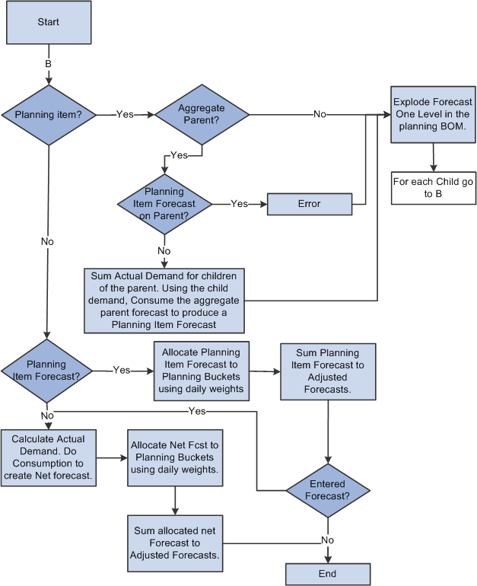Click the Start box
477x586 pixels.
pyautogui.click(x=48, y=23)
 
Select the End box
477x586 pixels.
pyautogui.click(x=327, y=574)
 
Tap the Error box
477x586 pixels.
pyautogui.click(x=309, y=204)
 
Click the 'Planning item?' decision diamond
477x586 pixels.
pyautogui.click(x=48, y=115)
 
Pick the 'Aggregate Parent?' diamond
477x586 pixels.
pyautogui.click(x=202, y=115)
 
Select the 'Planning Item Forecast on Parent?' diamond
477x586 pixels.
pyautogui.click(x=164, y=204)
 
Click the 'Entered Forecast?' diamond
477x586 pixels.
pyautogui.click(x=327, y=489)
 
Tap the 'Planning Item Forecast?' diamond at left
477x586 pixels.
pyautogui.click(x=46, y=371)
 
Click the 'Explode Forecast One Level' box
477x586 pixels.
pyautogui.click(x=433, y=114)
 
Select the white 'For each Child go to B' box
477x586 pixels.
pyautogui.click(x=433, y=188)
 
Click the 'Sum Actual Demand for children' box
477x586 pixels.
pyautogui.click(x=164, y=299)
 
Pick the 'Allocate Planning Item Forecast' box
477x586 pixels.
pyautogui.click(x=200, y=371)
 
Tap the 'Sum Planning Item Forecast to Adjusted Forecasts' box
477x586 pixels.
pyautogui.click(x=327, y=371)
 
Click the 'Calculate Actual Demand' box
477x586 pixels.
pyautogui.click(x=48, y=457)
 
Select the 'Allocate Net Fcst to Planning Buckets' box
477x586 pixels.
pyautogui.click(x=175, y=457)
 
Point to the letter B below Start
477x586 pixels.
pyautogui.click(x=48, y=64)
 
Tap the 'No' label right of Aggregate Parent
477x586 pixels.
pyautogui.click(x=320, y=114)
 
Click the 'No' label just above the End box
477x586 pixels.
pyautogui.click(x=327, y=540)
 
